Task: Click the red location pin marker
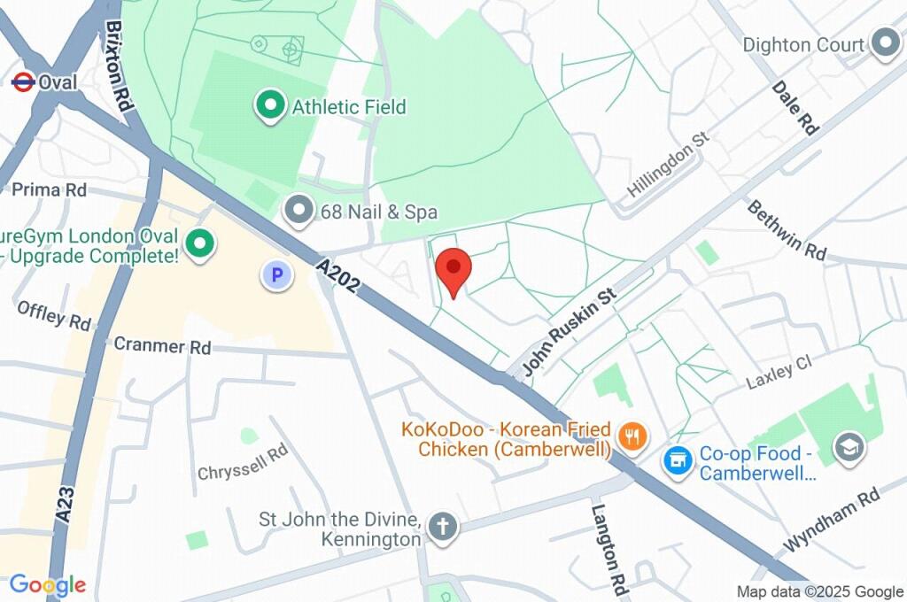point(454,269)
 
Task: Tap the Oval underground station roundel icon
point(22,82)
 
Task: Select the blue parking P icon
point(276,275)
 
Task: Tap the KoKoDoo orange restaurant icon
point(633,436)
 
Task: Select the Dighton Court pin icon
point(884,43)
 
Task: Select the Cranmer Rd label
point(162,346)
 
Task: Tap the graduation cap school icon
point(849,445)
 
